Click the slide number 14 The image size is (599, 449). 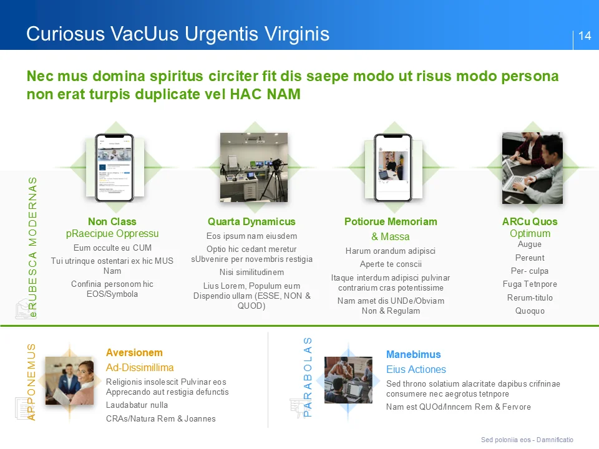tap(585, 36)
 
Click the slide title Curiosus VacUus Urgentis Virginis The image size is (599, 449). tap(178, 34)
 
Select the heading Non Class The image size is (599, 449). tap(112, 221)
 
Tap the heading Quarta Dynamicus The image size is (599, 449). tap(251, 221)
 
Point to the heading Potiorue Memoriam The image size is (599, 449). tap(391, 221)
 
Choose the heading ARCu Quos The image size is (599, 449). tap(530, 221)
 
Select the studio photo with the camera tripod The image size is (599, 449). tap(253, 167)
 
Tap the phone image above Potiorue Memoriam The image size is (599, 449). tap(392, 167)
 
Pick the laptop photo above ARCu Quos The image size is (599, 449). tap(532, 167)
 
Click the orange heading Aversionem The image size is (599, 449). tap(134, 352)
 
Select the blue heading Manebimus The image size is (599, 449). tap(413, 354)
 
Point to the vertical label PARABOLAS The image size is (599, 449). tap(307, 377)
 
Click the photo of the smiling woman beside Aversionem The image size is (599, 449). tap(69, 380)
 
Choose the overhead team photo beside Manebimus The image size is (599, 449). tap(348, 380)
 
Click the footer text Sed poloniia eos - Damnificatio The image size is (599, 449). tap(527, 440)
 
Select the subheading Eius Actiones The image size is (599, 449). tap(416, 369)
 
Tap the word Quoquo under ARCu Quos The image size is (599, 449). tap(530, 311)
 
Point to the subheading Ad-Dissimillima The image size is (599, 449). tap(140, 367)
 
